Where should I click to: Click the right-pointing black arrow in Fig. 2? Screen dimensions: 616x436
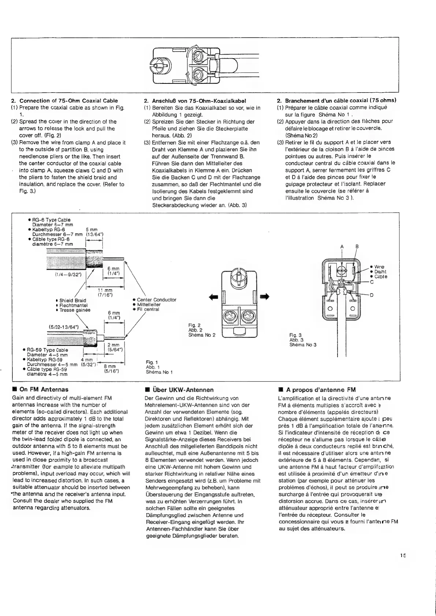click(x=265, y=296)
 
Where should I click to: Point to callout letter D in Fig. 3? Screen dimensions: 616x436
click(x=371, y=295)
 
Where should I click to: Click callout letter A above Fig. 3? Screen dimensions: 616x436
click(x=342, y=246)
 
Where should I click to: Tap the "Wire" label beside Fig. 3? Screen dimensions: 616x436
click(x=379, y=267)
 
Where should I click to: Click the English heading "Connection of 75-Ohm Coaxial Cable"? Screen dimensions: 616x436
click(x=68, y=101)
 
